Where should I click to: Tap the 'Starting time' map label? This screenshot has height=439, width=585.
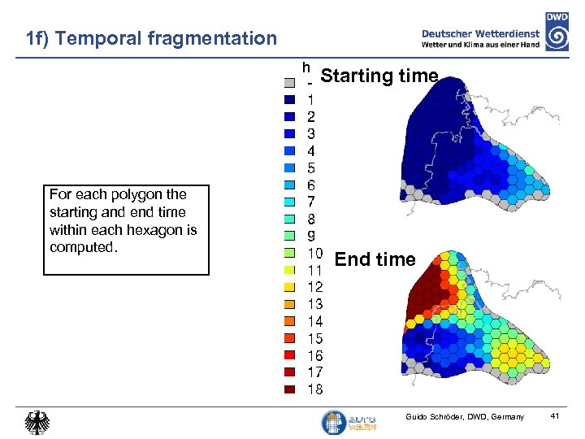(379, 76)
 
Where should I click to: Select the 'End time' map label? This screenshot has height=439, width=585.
(375, 259)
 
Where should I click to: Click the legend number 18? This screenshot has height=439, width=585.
(314, 389)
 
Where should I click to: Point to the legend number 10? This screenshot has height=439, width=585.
(314, 252)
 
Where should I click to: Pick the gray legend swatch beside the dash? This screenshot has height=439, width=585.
(288, 82)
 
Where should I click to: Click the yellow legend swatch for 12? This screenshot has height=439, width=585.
(288, 287)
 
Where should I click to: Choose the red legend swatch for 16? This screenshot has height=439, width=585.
(288, 355)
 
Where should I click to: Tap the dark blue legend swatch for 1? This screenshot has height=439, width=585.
(288, 99)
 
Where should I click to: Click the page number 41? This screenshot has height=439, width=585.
(555, 417)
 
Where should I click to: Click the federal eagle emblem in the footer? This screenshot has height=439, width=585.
(37, 422)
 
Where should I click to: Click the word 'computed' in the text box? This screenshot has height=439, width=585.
(82, 247)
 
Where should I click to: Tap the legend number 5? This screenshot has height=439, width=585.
(310, 167)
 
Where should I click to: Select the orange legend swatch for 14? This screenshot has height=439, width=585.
(288, 321)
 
